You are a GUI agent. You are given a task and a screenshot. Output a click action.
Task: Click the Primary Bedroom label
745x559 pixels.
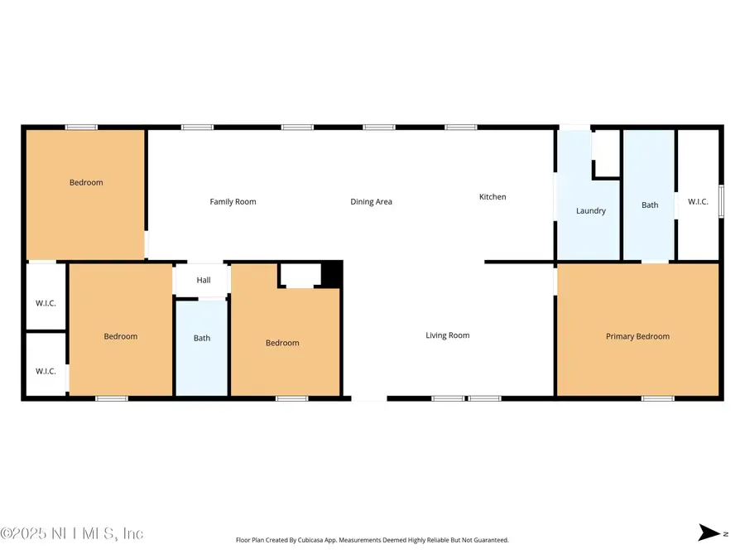click(x=637, y=336)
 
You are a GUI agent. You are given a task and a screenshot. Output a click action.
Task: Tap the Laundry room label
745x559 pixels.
click(x=591, y=211)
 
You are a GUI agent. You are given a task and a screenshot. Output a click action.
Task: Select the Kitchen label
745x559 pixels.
click(x=493, y=197)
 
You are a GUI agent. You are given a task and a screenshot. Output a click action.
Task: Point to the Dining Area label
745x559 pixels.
click(x=371, y=202)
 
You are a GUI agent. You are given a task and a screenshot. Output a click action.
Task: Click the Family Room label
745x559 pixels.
click(x=233, y=202)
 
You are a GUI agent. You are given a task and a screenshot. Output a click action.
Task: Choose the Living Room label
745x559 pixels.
click(x=447, y=335)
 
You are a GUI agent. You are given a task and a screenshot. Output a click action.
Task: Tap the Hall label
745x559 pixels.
click(x=204, y=281)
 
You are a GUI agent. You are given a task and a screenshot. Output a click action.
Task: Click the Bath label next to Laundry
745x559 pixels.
click(x=650, y=205)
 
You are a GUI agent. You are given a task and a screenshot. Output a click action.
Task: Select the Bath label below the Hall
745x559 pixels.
click(x=202, y=338)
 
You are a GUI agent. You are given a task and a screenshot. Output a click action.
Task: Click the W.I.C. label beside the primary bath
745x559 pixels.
click(x=698, y=201)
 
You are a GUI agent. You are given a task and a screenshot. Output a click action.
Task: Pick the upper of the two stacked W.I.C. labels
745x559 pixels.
click(x=46, y=303)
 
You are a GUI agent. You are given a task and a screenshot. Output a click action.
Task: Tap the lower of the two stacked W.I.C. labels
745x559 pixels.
click(x=46, y=371)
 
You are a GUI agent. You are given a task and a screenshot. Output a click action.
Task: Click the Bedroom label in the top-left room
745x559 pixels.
click(x=86, y=182)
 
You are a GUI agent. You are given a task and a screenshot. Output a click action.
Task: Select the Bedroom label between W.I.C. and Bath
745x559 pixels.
click(x=121, y=336)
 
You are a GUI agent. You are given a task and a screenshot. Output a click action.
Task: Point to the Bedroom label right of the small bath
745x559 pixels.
click(x=282, y=343)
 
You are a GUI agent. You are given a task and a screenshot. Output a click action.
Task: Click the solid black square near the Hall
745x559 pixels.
click(x=332, y=274)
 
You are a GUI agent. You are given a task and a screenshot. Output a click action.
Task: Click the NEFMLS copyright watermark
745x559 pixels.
click(x=73, y=533)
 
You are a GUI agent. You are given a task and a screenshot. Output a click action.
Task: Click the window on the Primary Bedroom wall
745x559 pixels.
click(x=658, y=398)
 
